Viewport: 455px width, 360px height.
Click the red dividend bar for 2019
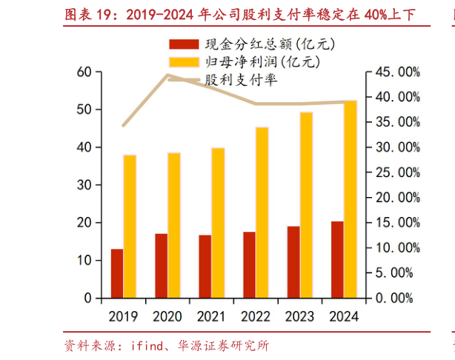pyautogui.click(x=117, y=273)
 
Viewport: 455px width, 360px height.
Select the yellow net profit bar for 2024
pyautogui.click(x=349, y=199)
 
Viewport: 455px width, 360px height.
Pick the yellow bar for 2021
pyautogui.click(x=218, y=223)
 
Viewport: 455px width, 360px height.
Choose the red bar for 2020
pyautogui.click(x=161, y=266)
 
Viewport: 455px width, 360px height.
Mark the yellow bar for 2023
pyautogui.click(x=306, y=205)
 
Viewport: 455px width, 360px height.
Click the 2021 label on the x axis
pyautogui.click(x=210, y=317)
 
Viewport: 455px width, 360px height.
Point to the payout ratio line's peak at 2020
pyautogui.click(x=168, y=76)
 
